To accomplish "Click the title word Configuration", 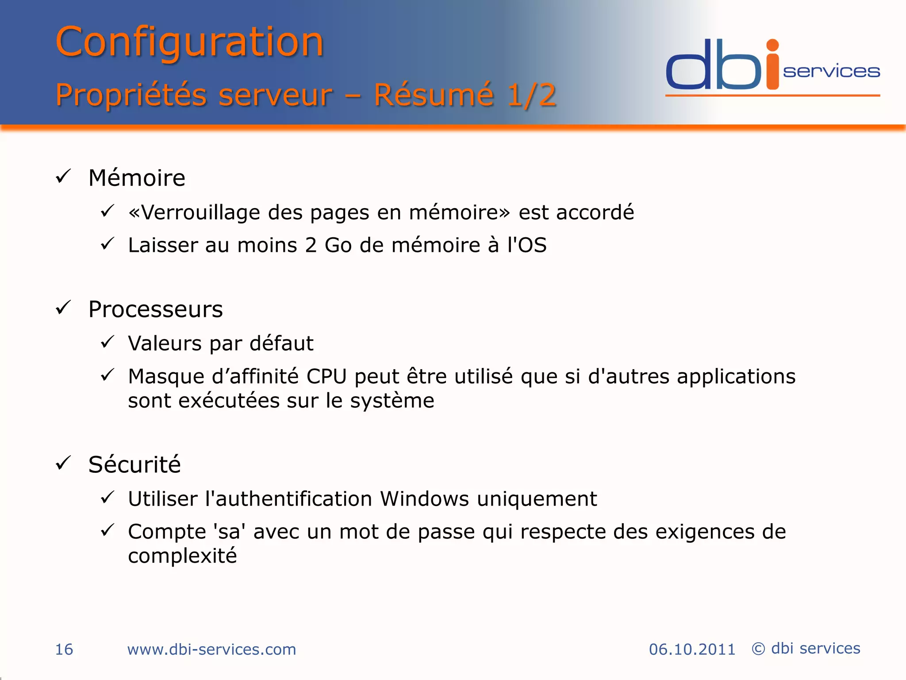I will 189,42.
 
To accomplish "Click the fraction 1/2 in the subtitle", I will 531,95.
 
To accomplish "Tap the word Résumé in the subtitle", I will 434,95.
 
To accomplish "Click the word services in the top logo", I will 831,72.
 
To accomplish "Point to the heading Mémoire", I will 137,178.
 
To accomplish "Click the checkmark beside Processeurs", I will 64,308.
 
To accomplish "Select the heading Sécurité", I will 134,464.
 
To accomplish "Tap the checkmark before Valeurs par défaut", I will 107,342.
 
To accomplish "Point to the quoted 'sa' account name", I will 229,531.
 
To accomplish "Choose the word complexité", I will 182,556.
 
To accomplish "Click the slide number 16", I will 64,649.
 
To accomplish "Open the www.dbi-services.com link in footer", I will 211,649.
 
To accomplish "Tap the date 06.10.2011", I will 692,649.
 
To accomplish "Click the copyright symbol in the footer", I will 758,649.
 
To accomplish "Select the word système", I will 392,401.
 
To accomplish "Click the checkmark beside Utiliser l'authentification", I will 107,498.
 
